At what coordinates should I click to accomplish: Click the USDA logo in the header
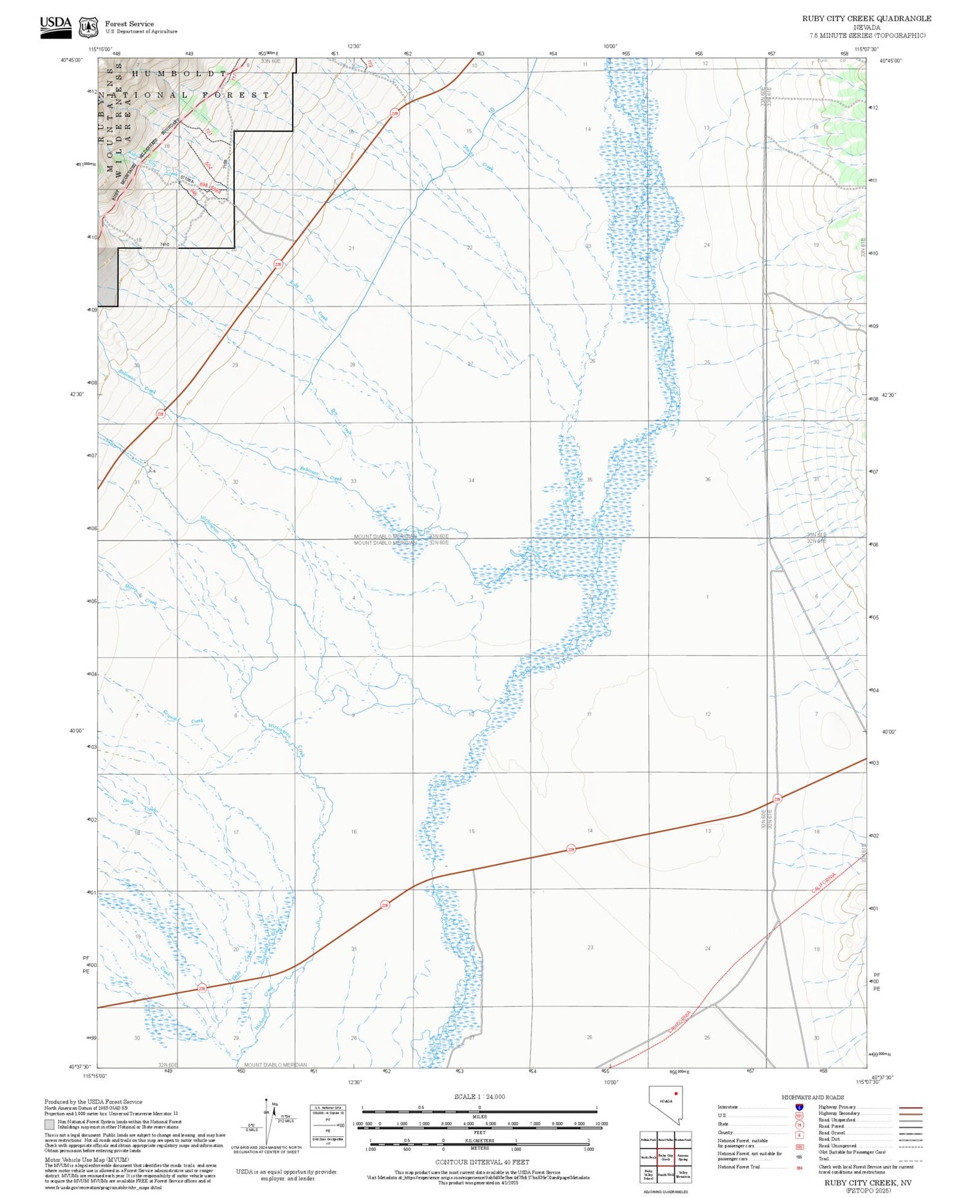click(x=55, y=26)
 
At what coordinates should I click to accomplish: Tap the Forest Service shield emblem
click(x=88, y=28)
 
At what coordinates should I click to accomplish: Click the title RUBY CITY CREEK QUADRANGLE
click(x=866, y=18)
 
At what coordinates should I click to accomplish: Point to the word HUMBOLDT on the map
click(x=179, y=73)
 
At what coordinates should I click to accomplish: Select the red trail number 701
click(x=208, y=131)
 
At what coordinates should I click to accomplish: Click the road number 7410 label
click(x=164, y=244)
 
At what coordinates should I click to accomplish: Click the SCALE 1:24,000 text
click(x=479, y=1096)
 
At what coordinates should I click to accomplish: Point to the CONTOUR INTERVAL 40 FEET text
click(x=482, y=1162)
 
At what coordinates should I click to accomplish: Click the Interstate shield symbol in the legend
click(x=799, y=1107)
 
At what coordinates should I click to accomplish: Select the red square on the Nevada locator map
click(x=675, y=1093)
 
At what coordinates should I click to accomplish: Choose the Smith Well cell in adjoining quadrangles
click(x=665, y=1174)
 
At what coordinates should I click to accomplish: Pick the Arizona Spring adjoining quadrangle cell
click(x=683, y=1157)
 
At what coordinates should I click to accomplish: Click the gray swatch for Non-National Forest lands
click(x=50, y=1125)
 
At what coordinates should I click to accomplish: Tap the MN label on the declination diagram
click(x=275, y=1104)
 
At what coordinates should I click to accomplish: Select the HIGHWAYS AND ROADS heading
click(x=813, y=1097)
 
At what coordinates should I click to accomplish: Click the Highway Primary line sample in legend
click(x=907, y=1107)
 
